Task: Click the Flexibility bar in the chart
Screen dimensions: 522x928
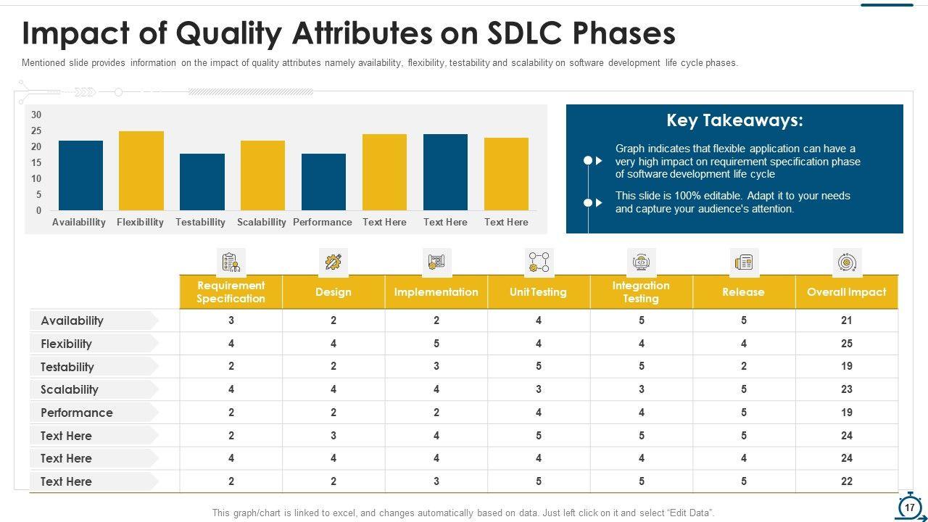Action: (141, 171)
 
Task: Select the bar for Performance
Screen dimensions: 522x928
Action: (323, 182)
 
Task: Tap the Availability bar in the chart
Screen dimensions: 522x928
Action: (80, 175)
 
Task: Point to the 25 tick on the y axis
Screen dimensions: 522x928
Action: (36, 131)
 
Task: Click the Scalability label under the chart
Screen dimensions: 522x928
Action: (262, 223)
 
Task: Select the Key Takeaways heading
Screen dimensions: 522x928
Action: (734, 120)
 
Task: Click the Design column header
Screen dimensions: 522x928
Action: (333, 292)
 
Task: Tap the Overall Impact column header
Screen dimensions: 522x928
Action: (846, 292)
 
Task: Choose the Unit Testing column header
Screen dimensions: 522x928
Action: (539, 292)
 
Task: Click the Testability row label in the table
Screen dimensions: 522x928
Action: (67, 367)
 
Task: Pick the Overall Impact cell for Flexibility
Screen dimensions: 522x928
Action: (846, 344)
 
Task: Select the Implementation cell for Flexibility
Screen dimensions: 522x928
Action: (436, 344)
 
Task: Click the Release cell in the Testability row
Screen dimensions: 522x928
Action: (744, 367)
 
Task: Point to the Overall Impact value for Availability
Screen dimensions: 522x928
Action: (846, 320)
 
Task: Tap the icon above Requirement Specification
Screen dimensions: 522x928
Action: (231, 262)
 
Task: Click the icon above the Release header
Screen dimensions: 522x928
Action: (744, 262)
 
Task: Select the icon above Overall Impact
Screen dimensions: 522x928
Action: (847, 262)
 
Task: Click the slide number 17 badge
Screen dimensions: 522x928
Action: (909, 507)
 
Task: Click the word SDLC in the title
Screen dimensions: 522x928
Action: (515, 33)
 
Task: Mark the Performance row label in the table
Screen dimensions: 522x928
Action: (77, 413)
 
